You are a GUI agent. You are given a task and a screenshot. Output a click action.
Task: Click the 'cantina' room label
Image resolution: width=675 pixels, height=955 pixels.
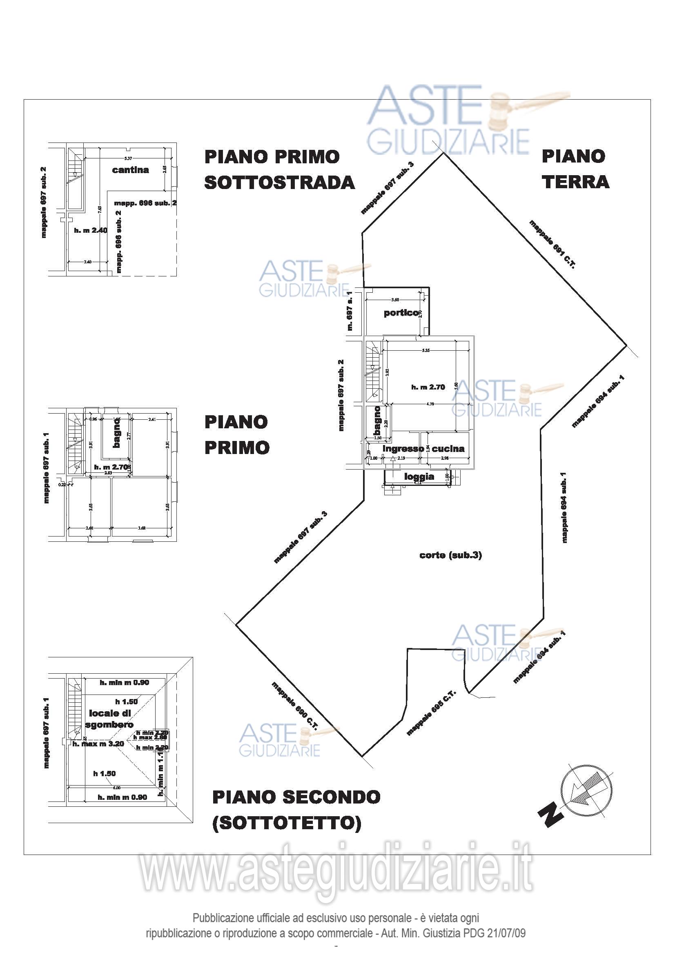pyautogui.click(x=130, y=170)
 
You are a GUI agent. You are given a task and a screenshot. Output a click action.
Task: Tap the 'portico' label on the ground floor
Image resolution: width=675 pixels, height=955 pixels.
pyautogui.click(x=401, y=313)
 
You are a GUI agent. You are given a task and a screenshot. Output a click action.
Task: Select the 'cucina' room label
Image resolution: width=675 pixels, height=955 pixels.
pyautogui.click(x=448, y=448)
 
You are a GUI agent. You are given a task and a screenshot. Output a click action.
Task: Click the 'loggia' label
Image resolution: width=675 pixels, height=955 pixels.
pyautogui.click(x=419, y=476)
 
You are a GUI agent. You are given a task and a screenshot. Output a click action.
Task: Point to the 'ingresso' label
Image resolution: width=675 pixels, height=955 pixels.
pyautogui.click(x=403, y=448)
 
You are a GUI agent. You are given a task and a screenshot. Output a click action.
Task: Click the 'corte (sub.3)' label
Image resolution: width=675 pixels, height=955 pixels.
pyautogui.click(x=450, y=555)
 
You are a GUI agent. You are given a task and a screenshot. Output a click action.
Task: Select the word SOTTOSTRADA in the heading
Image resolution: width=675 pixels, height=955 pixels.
pyautogui.click(x=279, y=183)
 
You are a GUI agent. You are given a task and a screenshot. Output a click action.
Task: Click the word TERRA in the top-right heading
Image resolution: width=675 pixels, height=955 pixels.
pyautogui.click(x=575, y=182)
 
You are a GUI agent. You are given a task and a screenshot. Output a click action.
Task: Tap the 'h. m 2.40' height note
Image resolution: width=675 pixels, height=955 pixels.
pyautogui.click(x=91, y=230)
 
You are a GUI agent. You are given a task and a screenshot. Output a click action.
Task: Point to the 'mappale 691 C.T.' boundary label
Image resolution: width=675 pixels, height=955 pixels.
pyautogui.click(x=552, y=244)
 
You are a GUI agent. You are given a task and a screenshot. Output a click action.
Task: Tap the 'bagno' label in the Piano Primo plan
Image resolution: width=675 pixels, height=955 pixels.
pyautogui.click(x=117, y=433)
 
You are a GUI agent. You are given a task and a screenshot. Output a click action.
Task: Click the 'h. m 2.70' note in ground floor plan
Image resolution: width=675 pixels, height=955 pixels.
pyautogui.click(x=428, y=387)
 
